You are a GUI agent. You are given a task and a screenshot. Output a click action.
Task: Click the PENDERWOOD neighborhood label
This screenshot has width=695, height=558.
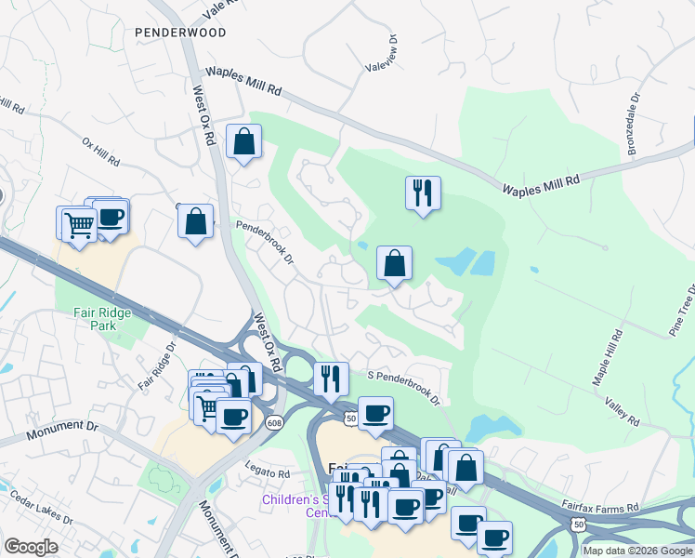(180, 33)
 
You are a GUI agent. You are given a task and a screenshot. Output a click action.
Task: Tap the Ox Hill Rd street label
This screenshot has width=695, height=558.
(101, 153)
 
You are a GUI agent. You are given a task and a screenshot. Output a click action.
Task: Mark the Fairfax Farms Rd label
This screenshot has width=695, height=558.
(600, 508)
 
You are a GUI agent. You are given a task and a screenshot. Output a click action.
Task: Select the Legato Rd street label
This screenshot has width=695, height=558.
(268, 473)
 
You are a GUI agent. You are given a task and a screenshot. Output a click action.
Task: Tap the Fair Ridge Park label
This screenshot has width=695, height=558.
(102, 320)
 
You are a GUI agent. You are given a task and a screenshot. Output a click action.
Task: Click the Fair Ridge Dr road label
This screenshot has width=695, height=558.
(157, 366)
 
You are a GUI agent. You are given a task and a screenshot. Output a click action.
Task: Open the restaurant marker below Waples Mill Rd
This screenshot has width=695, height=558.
(423, 193)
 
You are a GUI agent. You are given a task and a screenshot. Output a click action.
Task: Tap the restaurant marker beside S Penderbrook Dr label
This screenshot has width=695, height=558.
(331, 379)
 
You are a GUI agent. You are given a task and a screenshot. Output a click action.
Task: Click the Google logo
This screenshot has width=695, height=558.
(31, 547)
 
